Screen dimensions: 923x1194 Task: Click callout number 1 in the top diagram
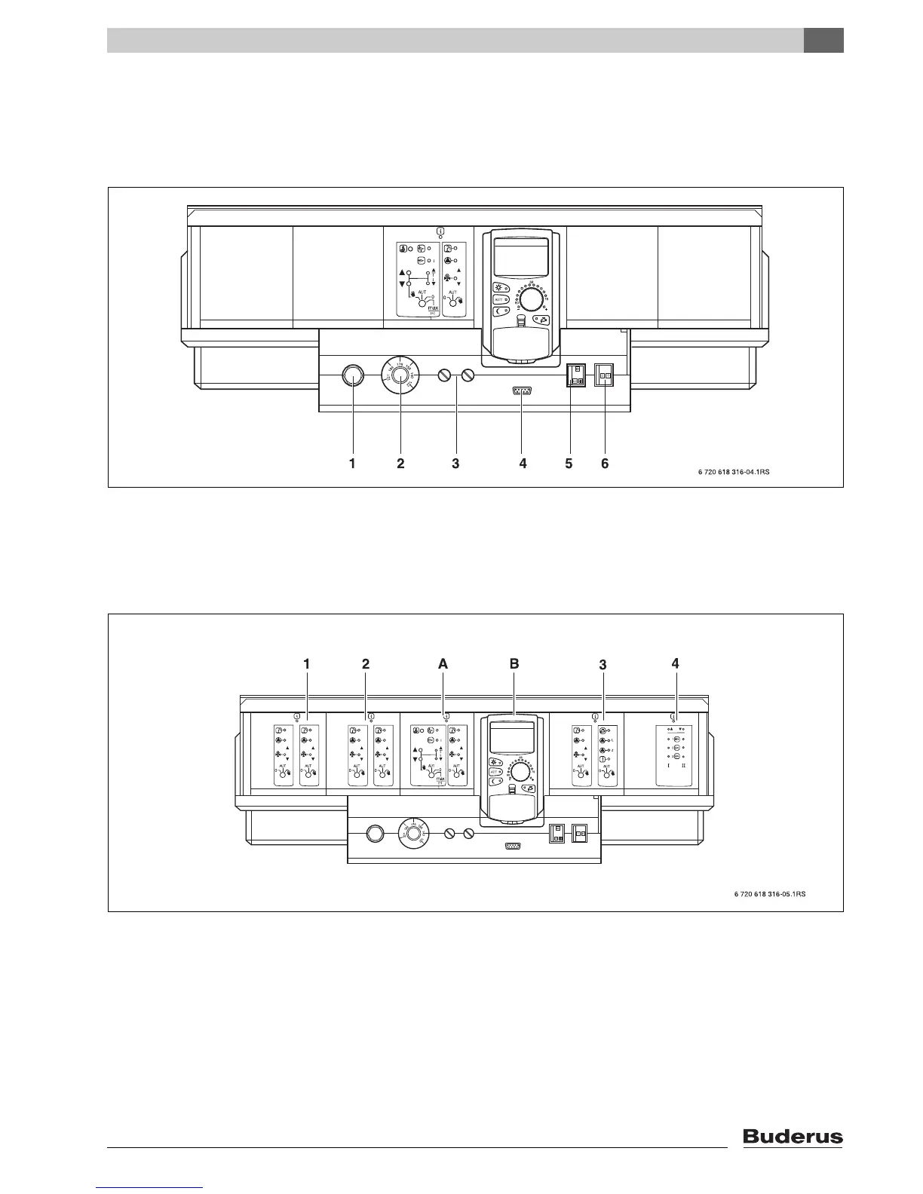(x=351, y=464)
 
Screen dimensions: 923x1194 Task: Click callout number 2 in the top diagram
(x=400, y=464)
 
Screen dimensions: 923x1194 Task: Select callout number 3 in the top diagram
(x=455, y=464)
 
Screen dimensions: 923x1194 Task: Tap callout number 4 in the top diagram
(x=523, y=464)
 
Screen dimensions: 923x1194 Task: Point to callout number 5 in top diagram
(x=570, y=464)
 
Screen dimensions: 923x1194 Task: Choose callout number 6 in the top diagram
(x=605, y=464)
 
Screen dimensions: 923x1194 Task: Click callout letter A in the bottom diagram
(x=443, y=664)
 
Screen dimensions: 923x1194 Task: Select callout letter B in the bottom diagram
(x=514, y=664)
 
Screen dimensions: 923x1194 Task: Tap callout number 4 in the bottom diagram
(x=675, y=663)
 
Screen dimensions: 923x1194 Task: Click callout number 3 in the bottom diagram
(x=603, y=665)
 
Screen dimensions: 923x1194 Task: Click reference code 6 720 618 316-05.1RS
(x=769, y=894)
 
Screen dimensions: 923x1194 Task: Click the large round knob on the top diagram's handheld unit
(x=533, y=301)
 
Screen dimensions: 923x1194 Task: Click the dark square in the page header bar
(x=823, y=41)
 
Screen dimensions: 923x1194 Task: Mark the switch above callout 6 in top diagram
(x=606, y=375)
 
